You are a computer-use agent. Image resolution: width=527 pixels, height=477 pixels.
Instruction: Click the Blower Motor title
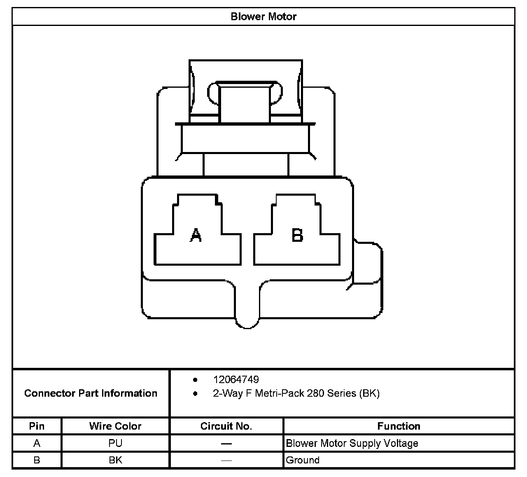pyautogui.click(x=263, y=16)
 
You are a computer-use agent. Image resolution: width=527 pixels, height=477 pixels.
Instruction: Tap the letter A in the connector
pyautogui.click(x=196, y=235)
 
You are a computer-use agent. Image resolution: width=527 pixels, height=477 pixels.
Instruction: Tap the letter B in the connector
pyautogui.click(x=297, y=235)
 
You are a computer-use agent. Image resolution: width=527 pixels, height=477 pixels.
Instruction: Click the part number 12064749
pyautogui.click(x=236, y=379)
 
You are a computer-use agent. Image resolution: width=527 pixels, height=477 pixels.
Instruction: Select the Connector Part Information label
pyautogui.click(x=91, y=393)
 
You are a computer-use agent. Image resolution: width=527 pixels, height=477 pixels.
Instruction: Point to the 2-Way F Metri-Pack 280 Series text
pyautogui.click(x=296, y=393)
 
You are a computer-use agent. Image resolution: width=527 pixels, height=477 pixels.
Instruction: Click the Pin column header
pyautogui.click(x=37, y=426)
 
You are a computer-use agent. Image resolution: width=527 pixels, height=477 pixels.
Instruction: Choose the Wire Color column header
pyautogui.click(x=115, y=426)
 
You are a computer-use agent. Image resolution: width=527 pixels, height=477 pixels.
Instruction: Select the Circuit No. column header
pyautogui.click(x=226, y=426)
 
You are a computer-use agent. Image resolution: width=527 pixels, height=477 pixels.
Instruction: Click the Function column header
pyautogui.click(x=399, y=426)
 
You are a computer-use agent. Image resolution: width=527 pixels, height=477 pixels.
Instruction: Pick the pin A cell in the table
pyautogui.click(x=37, y=443)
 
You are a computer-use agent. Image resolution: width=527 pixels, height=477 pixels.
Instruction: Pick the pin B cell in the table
pyautogui.click(x=37, y=460)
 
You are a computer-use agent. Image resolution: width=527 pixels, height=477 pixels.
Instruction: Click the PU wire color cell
pyautogui.click(x=115, y=443)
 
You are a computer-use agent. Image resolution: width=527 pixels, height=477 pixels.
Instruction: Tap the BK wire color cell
pyautogui.click(x=115, y=460)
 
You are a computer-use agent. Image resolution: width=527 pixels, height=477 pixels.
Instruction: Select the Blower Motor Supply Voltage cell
pyautogui.click(x=352, y=443)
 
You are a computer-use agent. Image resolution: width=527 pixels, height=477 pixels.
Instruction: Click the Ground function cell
pyautogui.click(x=303, y=460)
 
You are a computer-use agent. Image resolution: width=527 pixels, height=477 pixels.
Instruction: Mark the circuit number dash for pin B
pyautogui.click(x=226, y=461)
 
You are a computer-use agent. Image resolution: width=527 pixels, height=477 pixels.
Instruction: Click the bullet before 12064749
pyautogui.click(x=195, y=379)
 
